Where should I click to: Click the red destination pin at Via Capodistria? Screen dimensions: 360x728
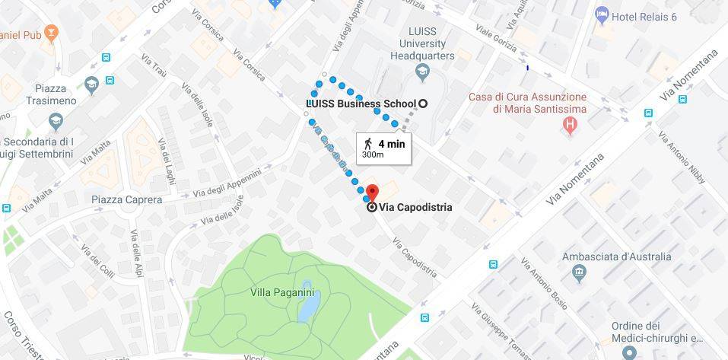pyautogui.click(x=372, y=192)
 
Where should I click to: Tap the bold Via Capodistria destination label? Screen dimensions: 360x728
pyautogui.click(x=415, y=207)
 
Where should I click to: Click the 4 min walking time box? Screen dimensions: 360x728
pyautogui.click(x=384, y=148)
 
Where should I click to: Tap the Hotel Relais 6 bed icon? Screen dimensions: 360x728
pyautogui.click(x=602, y=14)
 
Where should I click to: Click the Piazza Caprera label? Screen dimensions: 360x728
pyautogui.click(x=126, y=199)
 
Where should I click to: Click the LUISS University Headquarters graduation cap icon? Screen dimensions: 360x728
pyautogui.click(x=423, y=72)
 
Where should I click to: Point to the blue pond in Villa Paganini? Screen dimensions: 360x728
pyautogui.click(x=309, y=307)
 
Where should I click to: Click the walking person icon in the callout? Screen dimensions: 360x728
pyautogui.click(x=368, y=143)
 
